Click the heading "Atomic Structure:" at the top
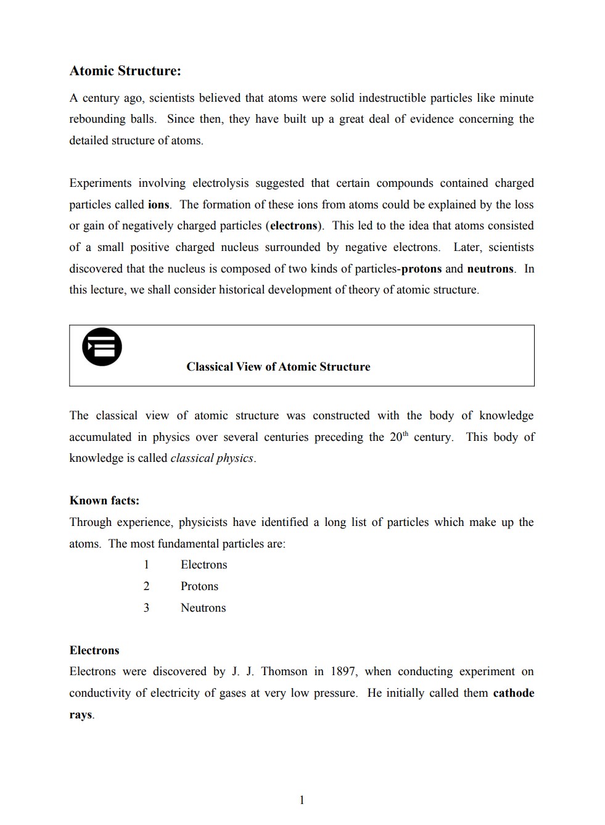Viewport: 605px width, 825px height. point(125,71)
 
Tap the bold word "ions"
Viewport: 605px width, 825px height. point(158,205)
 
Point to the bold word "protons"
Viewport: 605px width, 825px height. point(421,269)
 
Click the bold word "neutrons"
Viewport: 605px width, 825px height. point(490,269)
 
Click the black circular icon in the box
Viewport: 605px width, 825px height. point(102,347)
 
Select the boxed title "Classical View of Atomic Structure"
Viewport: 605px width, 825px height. point(278,367)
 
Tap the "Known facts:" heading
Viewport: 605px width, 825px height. point(104,501)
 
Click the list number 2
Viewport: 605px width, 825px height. point(146,586)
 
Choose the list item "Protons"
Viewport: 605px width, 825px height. point(199,586)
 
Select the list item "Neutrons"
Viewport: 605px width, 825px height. point(203,608)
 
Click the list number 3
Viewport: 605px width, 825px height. point(146,608)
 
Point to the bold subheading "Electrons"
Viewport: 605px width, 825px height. point(94,651)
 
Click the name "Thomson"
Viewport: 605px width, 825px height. point(284,671)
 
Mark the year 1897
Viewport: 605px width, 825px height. point(343,671)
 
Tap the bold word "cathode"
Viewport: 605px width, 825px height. point(513,693)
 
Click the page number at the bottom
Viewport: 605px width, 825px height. point(302,800)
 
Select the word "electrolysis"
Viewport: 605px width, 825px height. point(220,183)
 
